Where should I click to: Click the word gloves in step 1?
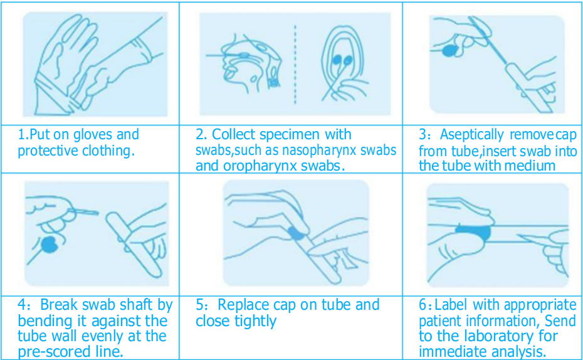pyautogui.click(x=93, y=135)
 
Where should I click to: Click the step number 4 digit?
pyautogui.click(x=23, y=305)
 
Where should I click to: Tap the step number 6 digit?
pyautogui.click(x=423, y=305)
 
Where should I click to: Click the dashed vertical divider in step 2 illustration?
pyautogui.click(x=296, y=65)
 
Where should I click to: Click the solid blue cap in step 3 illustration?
pyautogui.click(x=450, y=51)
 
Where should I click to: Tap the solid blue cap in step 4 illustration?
pyautogui.click(x=49, y=245)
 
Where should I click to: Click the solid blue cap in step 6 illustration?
pyautogui.click(x=473, y=233)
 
